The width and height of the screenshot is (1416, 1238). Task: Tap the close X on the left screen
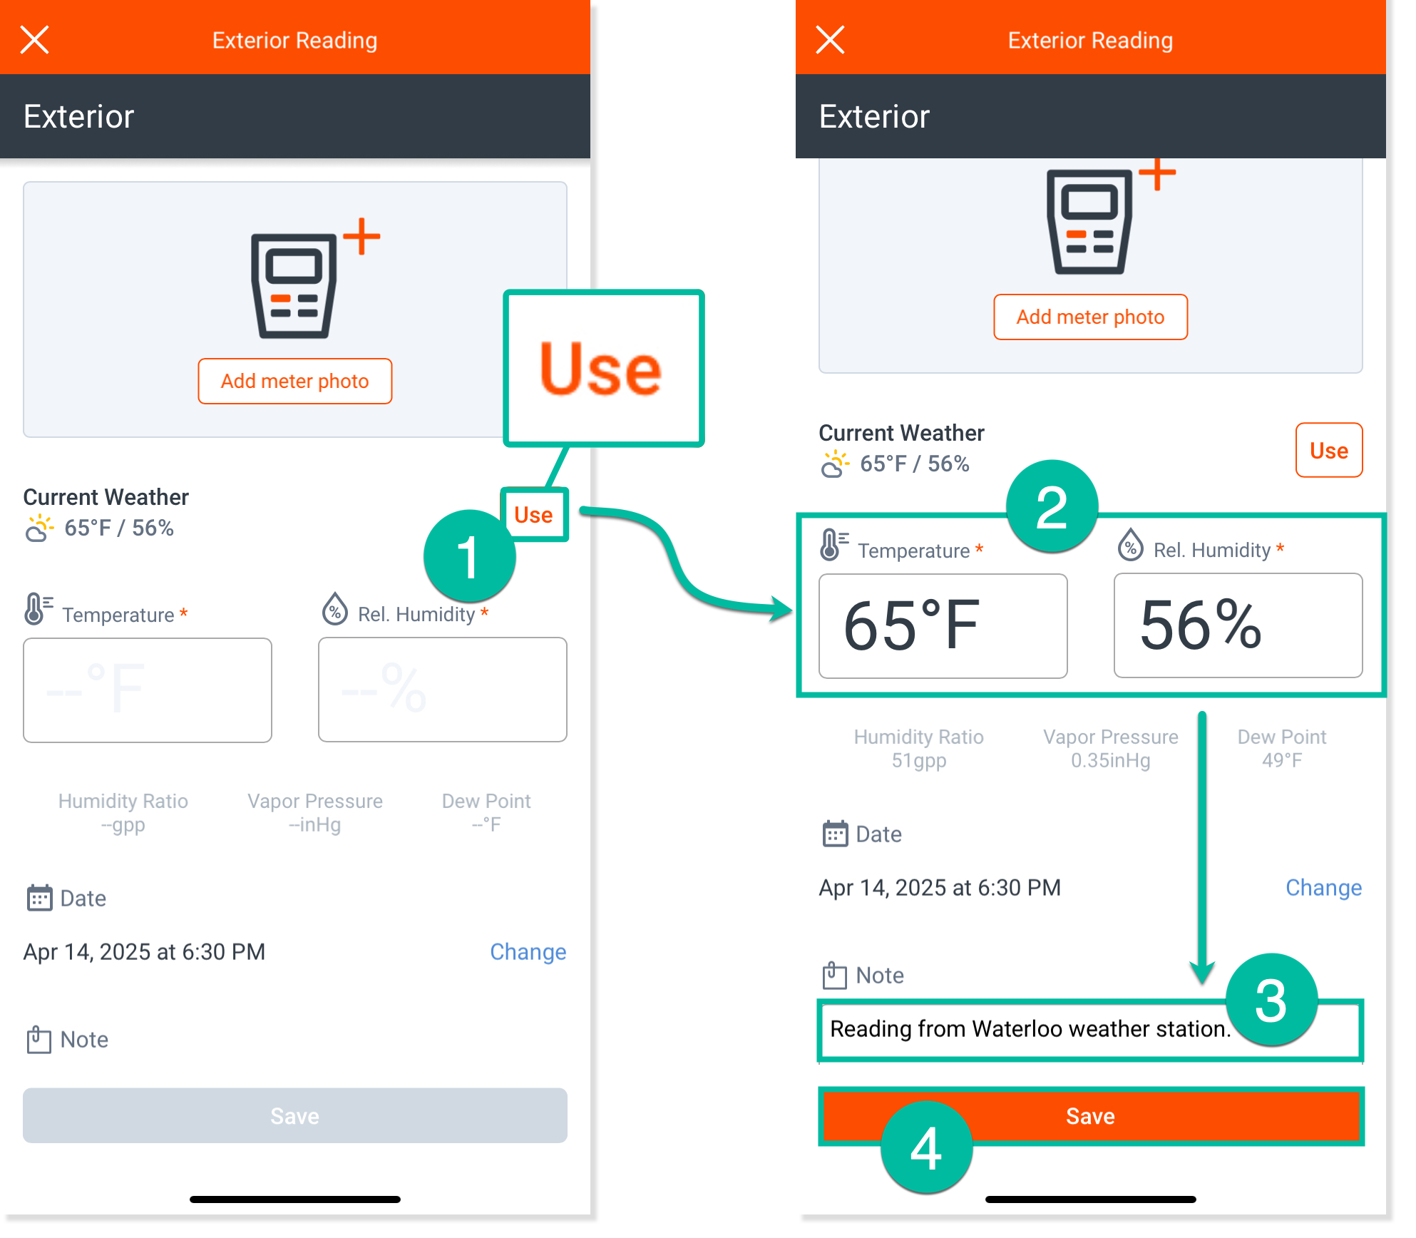[34, 40]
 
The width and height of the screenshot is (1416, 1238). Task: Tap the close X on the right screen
[830, 40]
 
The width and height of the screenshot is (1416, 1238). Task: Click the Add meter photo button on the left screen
[294, 381]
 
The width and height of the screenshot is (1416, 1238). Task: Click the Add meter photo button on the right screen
[1090, 317]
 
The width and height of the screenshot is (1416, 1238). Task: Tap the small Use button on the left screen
[533, 515]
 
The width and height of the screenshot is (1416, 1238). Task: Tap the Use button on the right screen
[1329, 450]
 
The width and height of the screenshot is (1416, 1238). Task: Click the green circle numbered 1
[469, 556]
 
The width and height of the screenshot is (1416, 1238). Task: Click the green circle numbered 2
[1052, 506]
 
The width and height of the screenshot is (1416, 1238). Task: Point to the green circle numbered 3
[1271, 1000]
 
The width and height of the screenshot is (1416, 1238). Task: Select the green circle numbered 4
[926, 1147]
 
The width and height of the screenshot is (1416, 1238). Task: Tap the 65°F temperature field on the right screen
[943, 625]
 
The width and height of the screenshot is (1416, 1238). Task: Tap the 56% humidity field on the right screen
[1238, 625]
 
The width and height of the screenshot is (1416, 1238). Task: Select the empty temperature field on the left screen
[148, 690]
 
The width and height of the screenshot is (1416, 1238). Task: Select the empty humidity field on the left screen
[443, 690]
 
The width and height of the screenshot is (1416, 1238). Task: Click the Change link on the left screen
[528, 951]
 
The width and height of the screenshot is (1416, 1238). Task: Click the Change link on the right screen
[1323, 887]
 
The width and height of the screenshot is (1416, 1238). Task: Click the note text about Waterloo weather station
[1030, 1028]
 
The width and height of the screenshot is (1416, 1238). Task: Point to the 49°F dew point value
[1282, 760]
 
